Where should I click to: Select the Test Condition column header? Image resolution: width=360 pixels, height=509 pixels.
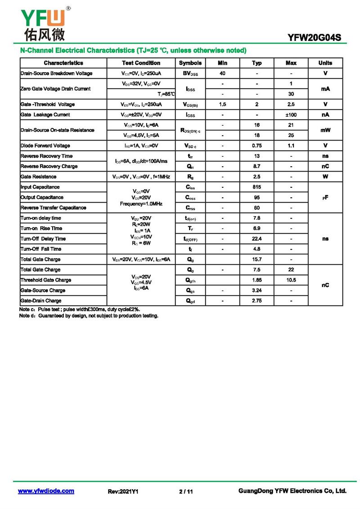141,63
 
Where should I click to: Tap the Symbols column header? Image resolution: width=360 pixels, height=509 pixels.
190,63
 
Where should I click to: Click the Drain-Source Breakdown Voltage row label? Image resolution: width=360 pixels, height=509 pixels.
57,73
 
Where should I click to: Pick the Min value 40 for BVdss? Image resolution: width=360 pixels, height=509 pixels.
222,73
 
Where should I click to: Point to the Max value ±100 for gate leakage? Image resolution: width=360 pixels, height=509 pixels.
291,115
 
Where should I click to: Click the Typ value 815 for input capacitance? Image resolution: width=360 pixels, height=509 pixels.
256,187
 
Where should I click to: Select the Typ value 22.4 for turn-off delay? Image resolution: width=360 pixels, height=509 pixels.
256,239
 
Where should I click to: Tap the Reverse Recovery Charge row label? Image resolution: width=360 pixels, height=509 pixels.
49,166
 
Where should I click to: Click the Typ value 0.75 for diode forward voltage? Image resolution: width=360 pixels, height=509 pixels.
256,145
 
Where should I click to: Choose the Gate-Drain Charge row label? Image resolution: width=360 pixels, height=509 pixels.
41,300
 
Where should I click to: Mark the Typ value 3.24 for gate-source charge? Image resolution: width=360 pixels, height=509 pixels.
256,291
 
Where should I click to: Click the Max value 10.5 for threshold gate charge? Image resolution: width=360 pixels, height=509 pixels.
291,280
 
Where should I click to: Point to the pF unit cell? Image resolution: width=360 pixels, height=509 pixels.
325,197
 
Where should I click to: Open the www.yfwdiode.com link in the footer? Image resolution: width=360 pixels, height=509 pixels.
46,491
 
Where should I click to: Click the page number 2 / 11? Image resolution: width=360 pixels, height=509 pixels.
186,491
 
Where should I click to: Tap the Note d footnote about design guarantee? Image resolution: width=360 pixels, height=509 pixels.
89,316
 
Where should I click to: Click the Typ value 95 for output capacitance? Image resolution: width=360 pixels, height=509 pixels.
256,197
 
